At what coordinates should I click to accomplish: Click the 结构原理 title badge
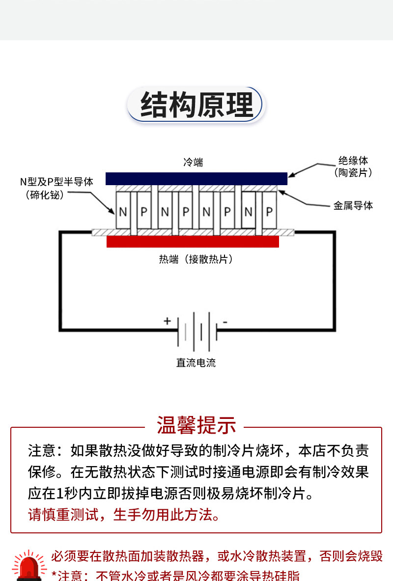tap(196, 105)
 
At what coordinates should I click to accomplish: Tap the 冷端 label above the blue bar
tap(193, 162)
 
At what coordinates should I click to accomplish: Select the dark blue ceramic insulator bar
tap(196, 179)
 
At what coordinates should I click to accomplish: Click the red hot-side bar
tap(193, 242)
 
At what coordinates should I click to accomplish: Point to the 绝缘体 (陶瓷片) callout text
tap(353, 166)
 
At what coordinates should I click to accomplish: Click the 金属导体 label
tap(353, 205)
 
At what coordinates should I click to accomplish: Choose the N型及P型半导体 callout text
tap(56, 188)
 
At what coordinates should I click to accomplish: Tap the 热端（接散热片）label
tap(196, 259)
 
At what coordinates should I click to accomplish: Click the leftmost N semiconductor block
tap(123, 211)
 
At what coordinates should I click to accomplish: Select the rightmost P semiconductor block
tap(270, 211)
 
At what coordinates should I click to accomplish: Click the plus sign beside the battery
tap(167, 321)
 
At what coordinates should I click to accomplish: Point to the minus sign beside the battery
tap(225, 322)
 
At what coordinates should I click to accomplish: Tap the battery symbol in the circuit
tap(197, 332)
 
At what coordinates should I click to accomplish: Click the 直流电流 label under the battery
tap(196, 363)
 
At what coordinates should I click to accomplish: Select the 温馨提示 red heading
tap(196, 425)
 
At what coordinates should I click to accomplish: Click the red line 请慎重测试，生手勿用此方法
tap(125, 515)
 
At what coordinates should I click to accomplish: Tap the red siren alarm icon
tap(29, 566)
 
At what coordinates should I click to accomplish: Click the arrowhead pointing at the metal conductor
tap(282, 193)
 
